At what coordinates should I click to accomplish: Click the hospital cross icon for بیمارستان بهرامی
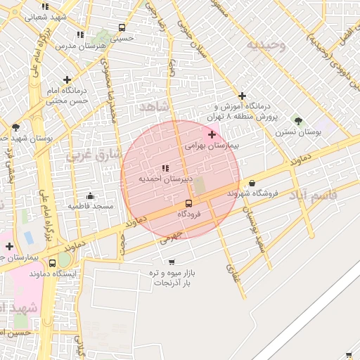click(212, 134)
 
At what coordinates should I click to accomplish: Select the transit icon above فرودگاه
click(188, 202)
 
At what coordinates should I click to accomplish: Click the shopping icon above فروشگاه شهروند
click(252, 183)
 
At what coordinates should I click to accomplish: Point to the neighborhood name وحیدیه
click(266, 46)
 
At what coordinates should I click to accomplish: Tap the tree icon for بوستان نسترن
click(298, 121)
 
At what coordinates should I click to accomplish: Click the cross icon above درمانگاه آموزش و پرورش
click(243, 96)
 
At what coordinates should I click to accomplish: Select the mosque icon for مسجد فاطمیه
click(91, 195)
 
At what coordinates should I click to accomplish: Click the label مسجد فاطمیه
click(91, 206)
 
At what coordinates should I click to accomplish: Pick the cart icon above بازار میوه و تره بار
click(172, 262)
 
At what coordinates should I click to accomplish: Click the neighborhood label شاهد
click(154, 107)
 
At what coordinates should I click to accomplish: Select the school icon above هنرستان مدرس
click(80, 34)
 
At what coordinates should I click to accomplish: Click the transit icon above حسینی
click(122, 28)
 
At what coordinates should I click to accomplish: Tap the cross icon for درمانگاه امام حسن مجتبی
click(67, 80)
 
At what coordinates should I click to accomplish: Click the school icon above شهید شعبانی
click(46, 6)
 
